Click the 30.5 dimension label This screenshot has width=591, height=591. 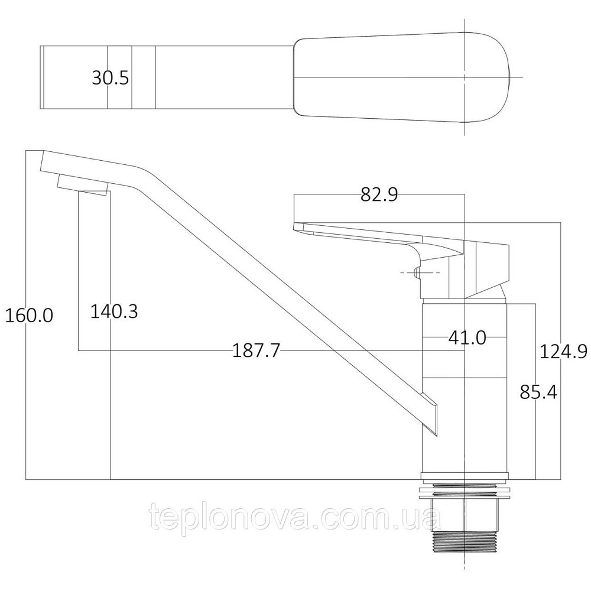[x=110, y=78]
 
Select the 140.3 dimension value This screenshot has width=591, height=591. [x=114, y=311]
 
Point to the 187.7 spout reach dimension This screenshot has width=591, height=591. [x=255, y=352]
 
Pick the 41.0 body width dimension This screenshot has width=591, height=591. [x=467, y=337]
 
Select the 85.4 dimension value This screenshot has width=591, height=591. [x=538, y=391]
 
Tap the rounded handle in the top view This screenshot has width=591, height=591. [x=402, y=78]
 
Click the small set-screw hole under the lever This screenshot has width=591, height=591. [x=418, y=273]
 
